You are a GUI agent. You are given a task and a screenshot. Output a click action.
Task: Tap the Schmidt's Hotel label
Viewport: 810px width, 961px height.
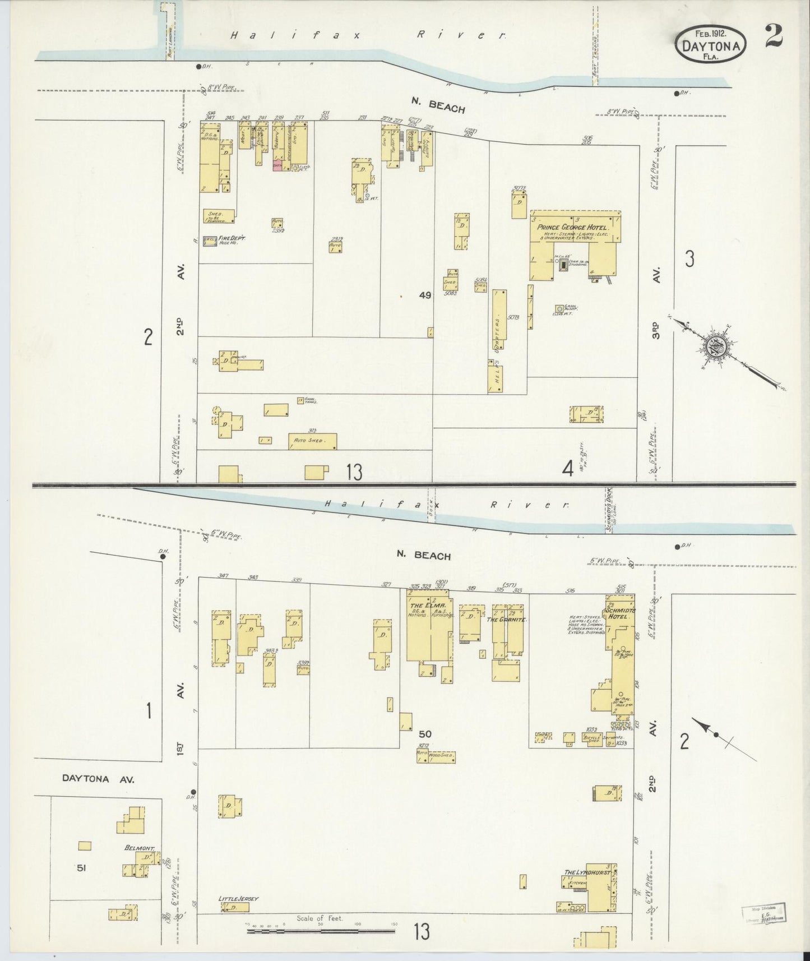pyautogui.click(x=618, y=612)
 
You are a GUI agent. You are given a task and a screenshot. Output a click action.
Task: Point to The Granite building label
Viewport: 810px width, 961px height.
pyautogui.click(x=501, y=620)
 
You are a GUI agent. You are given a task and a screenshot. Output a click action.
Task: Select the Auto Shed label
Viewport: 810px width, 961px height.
pyautogui.click(x=308, y=441)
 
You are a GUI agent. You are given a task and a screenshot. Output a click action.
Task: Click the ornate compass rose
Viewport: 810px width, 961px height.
pyautogui.click(x=716, y=347)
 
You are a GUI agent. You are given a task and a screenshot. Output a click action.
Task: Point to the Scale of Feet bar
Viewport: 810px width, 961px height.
pyautogui.click(x=320, y=931)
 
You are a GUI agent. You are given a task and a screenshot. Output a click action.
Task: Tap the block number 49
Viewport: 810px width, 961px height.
pyautogui.click(x=425, y=295)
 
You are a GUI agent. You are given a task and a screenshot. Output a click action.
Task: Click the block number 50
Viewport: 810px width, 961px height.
pyautogui.click(x=425, y=733)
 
